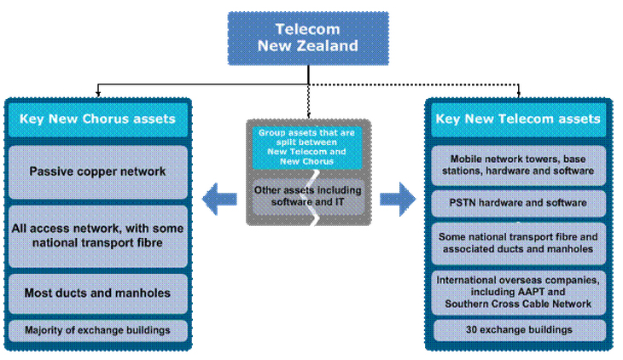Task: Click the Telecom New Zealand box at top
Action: pyautogui.click(x=308, y=38)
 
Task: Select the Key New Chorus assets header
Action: pyautogui.click(x=97, y=119)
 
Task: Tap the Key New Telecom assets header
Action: pyautogui.click(x=517, y=119)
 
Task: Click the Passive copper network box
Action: pyautogui.click(x=97, y=171)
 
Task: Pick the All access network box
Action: pyautogui.click(x=97, y=235)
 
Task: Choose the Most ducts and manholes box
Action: pyautogui.click(x=97, y=293)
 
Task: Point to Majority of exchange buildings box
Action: pyautogui.click(x=97, y=329)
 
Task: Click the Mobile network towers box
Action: pyautogui.click(x=518, y=164)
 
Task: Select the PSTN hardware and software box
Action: pyautogui.click(x=518, y=203)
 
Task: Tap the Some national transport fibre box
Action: pyautogui.click(x=518, y=242)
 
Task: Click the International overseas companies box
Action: pyautogui.click(x=518, y=292)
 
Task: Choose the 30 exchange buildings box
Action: pyautogui.click(x=518, y=329)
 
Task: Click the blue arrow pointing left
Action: pyautogui.click(x=219, y=200)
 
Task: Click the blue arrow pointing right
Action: pyautogui.click(x=397, y=200)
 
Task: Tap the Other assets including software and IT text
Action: pyautogui.click(x=308, y=195)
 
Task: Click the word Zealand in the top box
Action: pyautogui.click(x=331, y=46)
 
